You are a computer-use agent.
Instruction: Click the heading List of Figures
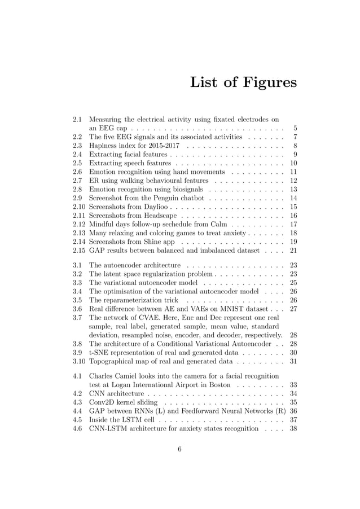(x=243, y=82)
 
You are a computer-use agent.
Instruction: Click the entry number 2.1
(x=77, y=120)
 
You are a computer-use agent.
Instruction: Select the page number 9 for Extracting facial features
(x=295, y=154)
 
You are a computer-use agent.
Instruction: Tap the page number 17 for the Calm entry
(x=293, y=224)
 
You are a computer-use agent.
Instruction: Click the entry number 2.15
(x=79, y=250)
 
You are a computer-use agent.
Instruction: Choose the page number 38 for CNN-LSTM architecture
(x=293, y=428)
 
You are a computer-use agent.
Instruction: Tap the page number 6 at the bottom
(x=179, y=464)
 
